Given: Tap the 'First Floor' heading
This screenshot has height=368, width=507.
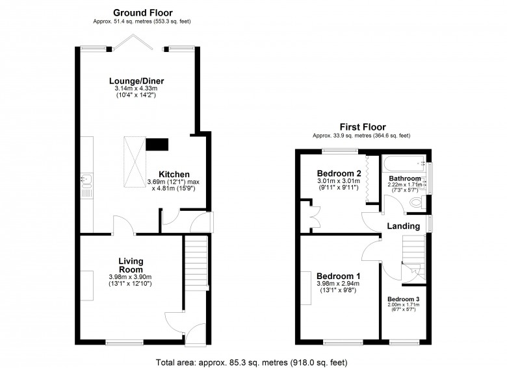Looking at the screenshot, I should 362,127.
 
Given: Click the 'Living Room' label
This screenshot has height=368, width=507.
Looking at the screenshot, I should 131,265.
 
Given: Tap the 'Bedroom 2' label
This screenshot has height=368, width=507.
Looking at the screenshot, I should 339,173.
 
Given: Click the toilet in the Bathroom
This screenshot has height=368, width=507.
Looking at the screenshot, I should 419,203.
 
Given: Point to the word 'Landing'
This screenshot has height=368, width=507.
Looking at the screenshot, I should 403,226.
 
